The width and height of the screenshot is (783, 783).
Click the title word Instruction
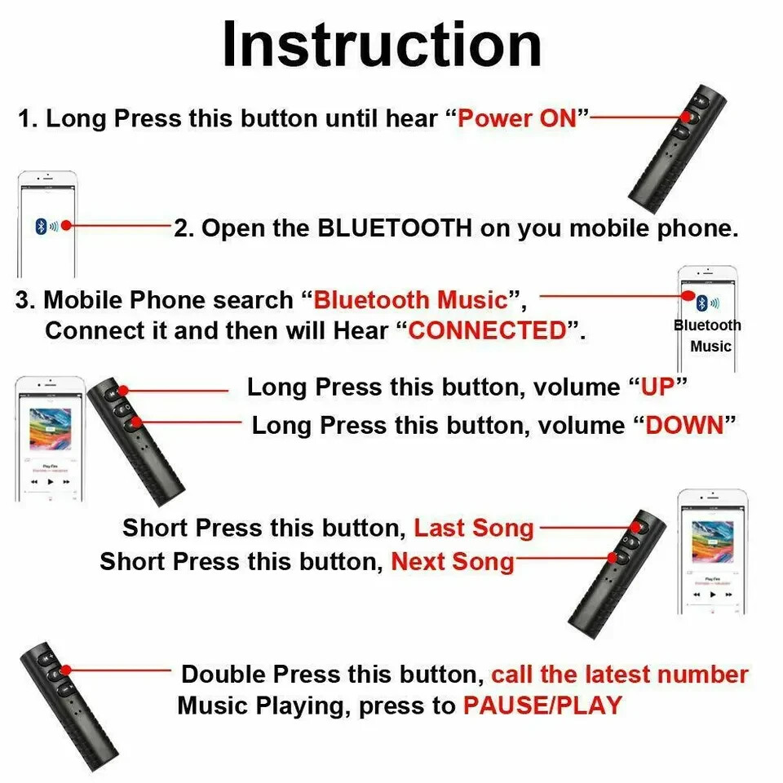[x=382, y=45]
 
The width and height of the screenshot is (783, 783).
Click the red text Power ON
[x=517, y=118]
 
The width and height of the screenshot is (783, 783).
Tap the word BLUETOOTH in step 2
[x=395, y=228]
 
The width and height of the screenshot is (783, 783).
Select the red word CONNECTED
[x=487, y=330]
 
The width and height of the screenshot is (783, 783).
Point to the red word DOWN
[x=685, y=425]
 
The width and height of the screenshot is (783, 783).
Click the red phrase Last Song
[x=474, y=528]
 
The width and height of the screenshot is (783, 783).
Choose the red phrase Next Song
[x=453, y=561]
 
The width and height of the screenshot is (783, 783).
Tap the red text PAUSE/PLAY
[x=542, y=705]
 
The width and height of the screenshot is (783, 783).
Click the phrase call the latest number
[x=619, y=675]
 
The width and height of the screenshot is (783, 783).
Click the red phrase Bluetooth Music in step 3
[x=411, y=299]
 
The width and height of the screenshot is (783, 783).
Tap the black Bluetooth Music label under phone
[x=708, y=335]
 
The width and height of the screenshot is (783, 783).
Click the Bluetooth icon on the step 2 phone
[x=40, y=226]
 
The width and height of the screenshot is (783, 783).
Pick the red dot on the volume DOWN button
[x=135, y=422]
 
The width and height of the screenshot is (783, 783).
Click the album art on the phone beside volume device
[x=50, y=430]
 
